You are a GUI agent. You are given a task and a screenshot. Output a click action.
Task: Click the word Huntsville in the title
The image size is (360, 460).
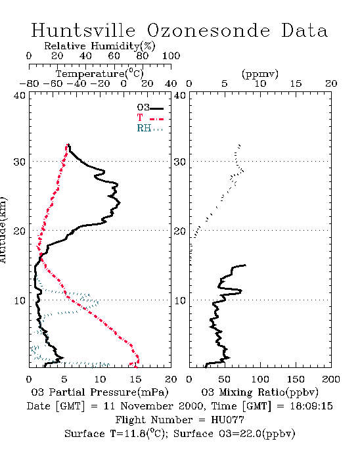point(83,30)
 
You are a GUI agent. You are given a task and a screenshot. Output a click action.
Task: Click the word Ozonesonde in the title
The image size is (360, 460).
point(208,30)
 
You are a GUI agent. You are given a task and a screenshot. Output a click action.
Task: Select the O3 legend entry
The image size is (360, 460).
point(150,108)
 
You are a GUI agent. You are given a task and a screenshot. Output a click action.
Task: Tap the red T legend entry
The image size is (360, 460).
point(150,118)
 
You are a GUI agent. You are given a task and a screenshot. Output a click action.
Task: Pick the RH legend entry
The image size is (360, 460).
point(150,128)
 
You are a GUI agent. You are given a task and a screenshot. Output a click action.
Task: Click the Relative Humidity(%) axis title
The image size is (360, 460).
point(100,46)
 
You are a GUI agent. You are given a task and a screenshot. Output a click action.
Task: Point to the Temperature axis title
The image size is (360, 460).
point(100,74)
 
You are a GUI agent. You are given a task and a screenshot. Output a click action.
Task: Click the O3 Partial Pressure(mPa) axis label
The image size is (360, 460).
point(100,392)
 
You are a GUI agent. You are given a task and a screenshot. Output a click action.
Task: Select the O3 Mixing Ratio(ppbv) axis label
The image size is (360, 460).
point(259,392)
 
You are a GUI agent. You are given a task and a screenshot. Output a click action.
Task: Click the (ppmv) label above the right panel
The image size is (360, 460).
point(259,74)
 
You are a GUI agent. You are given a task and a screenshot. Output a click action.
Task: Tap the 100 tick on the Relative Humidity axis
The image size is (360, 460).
point(171,56)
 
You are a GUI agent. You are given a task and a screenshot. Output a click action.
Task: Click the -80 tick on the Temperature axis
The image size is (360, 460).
point(29,84)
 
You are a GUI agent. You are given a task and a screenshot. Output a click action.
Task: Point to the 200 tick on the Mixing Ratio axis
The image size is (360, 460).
point(331,379)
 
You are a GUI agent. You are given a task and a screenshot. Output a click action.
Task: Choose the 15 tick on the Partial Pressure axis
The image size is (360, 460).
point(135,379)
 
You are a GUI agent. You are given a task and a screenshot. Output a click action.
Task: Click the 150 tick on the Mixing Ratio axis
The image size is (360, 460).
point(296,379)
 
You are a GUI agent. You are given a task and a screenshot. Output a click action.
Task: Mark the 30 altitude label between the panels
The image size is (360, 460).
point(180,162)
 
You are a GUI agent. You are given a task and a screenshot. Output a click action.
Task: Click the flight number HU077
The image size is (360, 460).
point(227,420)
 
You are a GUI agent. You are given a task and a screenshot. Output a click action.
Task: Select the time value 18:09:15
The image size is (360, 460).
point(311,406)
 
